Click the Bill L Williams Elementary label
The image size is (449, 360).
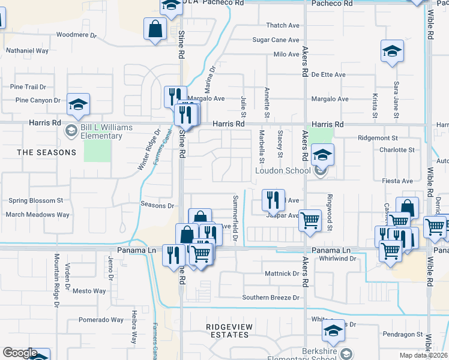pyautogui.click(x=101, y=132)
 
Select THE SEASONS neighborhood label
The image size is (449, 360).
pyautogui.click(x=47, y=152)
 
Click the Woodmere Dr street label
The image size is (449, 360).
pyautogui.click(x=74, y=35)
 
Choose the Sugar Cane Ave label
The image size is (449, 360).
pyautogui.click(x=276, y=40)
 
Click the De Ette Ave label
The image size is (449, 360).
pyautogui.click(x=328, y=75)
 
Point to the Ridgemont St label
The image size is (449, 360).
pyautogui.click(x=378, y=138)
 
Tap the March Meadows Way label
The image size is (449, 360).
pyautogui.click(x=37, y=214)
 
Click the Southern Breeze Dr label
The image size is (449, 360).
pyautogui.click(x=271, y=298)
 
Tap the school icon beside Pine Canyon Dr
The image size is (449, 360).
pyautogui.click(x=78, y=106)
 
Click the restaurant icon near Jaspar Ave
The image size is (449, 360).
pyautogui.click(x=273, y=200)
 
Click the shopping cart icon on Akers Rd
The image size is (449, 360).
pyautogui.click(x=310, y=221)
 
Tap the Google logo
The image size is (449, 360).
pyautogui.click(x=20, y=353)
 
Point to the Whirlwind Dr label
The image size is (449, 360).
pyautogui.click(x=338, y=259)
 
